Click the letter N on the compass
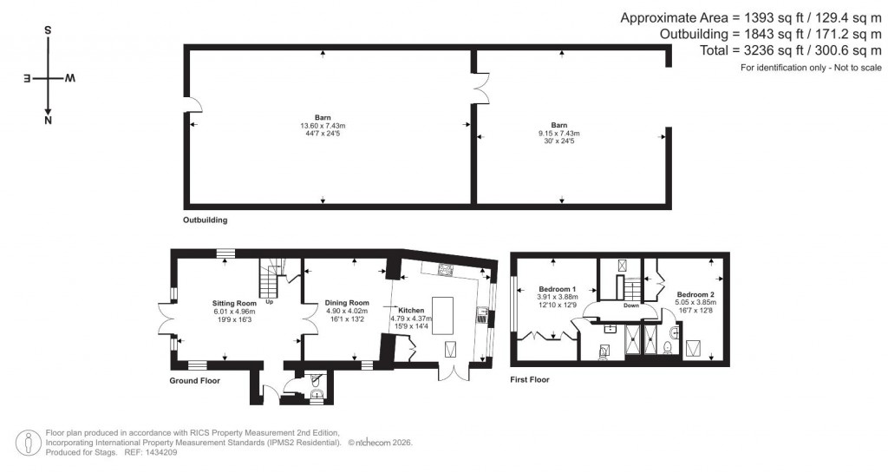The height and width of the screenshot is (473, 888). point(48,122)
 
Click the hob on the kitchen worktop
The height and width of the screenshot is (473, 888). point(447,268)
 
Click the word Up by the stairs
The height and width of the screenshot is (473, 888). point(270,302)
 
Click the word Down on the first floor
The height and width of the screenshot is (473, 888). point(631,305)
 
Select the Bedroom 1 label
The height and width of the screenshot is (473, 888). point(558,288)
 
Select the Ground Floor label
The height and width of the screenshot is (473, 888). point(195,380)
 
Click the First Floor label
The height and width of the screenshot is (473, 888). point(530,379)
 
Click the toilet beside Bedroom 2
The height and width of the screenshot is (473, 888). point(666,347)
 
